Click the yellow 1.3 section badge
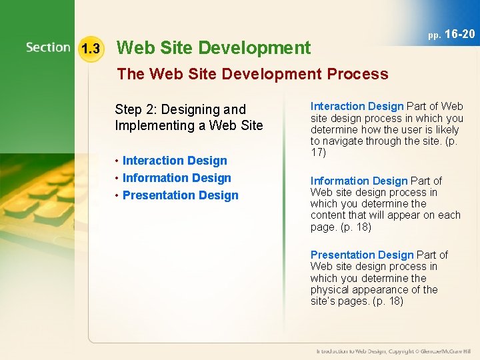(x=89, y=49)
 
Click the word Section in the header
(x=48, y=47)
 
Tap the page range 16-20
(x=460, y=34)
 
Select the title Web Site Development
(x=213, y=48)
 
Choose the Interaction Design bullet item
(x=175, y=161)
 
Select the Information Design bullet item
(x=177, y=178)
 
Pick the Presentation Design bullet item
(x=180, y=195)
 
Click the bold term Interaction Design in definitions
(x=357, y=107)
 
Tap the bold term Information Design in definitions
(x=359, y=181)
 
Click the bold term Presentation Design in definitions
(x=362, y=255)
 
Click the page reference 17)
(x=318, y=153)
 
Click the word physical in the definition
(x=328, y=290)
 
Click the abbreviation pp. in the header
(x=435, y=35)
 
